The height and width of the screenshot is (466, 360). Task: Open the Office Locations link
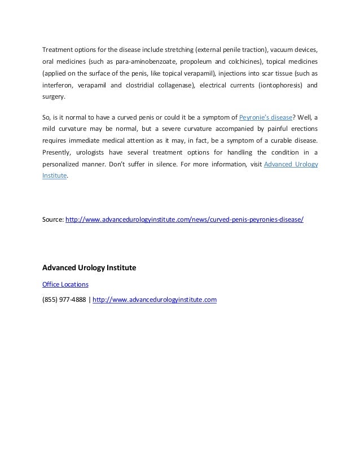click(65, 284)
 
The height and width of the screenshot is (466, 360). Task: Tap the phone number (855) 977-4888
click(64, 300)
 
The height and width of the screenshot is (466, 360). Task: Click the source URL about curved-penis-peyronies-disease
click(185, 218)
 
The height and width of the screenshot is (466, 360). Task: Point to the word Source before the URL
click(53, 218)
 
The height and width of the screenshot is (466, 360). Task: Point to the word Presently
click(57, 152)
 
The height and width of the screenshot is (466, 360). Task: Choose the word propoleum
click(184, 61)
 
